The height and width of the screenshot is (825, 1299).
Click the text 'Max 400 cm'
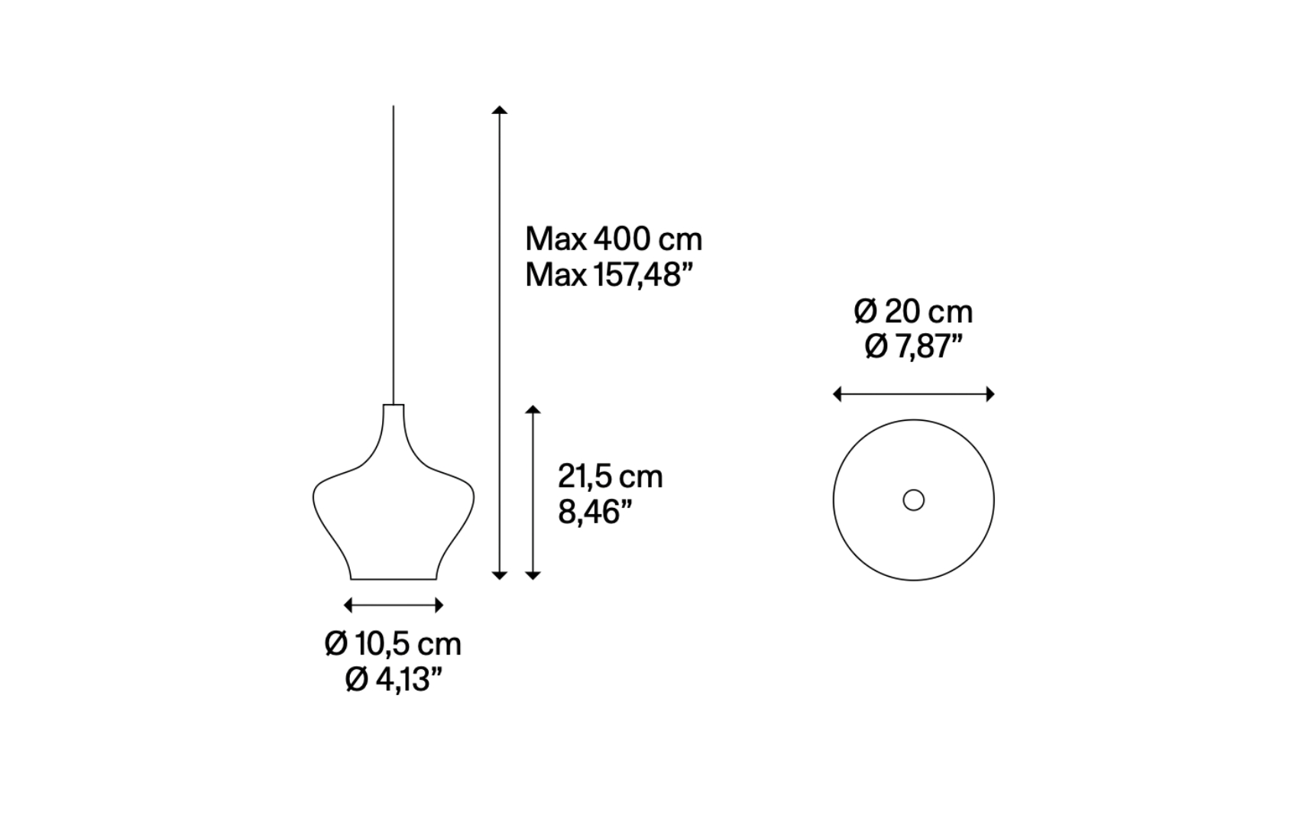coord(614,239)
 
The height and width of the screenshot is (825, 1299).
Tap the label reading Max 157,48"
coord(609,275)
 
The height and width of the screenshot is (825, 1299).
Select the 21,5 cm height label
coord(610,477)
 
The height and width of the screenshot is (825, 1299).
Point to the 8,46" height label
coord(595,512)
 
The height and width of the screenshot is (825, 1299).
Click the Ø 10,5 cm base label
coord(394,643)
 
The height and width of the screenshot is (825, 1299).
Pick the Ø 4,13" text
coord(394,679)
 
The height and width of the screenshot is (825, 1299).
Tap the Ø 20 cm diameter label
coord(913,312)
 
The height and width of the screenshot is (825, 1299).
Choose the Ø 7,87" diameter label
coord(913,348)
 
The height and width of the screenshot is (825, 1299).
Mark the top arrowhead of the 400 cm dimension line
coord(499,109)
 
